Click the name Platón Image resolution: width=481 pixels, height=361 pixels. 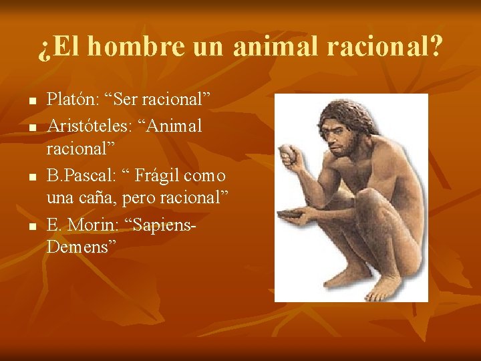70,100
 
